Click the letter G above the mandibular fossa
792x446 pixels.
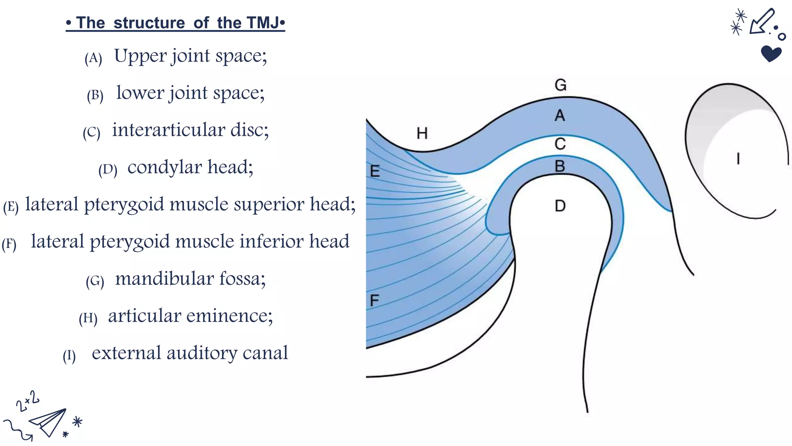click(560, 85)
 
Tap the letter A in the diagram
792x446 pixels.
click(560, 115)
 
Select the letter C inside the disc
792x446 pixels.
click(560, 144)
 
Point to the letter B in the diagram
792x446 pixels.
click(560, 166)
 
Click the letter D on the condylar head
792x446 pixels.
click(560, 206)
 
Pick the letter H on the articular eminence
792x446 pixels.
click(422, 134)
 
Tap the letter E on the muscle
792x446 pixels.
click(375, 171)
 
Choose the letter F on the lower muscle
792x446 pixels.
click(374, 300)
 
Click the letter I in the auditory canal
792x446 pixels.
click(738, 159)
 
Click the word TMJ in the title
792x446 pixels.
click(262, 23)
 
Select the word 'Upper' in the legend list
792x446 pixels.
click(140, 56)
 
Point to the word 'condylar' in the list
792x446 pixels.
click(165, 167)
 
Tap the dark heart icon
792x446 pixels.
click(771, 53)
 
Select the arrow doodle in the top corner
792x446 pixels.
click(761, 22)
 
